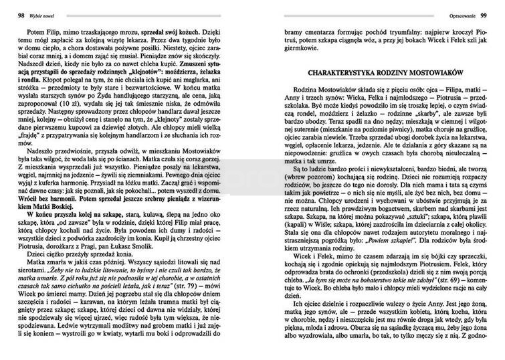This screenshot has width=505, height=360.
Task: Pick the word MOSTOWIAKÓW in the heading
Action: (x=443, y=71)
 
